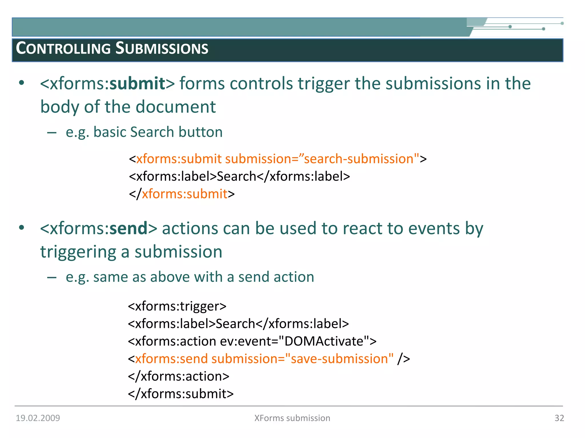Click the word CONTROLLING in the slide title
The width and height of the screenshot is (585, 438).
coord(63,48)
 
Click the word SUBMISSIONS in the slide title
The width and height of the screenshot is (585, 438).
coord(162,48)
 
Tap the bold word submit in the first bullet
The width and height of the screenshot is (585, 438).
coord(137,84)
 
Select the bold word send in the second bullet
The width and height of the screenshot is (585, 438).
coord(129,228)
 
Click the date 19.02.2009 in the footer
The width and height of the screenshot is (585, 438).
coord(38,418)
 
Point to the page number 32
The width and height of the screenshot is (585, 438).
coord(559,418)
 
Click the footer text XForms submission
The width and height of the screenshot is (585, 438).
coord(292,418)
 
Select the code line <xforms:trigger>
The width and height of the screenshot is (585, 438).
coord(177,306)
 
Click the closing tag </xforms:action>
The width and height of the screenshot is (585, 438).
coord(179,376)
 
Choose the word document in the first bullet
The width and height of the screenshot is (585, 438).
coord(175,107)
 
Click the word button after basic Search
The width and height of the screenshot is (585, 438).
coord(201,132)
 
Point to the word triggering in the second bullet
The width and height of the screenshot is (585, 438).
coord(78,252)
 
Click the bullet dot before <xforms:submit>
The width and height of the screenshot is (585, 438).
coord(21,83)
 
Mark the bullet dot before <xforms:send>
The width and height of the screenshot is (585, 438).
coord(21,228)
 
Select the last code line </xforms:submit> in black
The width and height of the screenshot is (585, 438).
coord(181,394)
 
